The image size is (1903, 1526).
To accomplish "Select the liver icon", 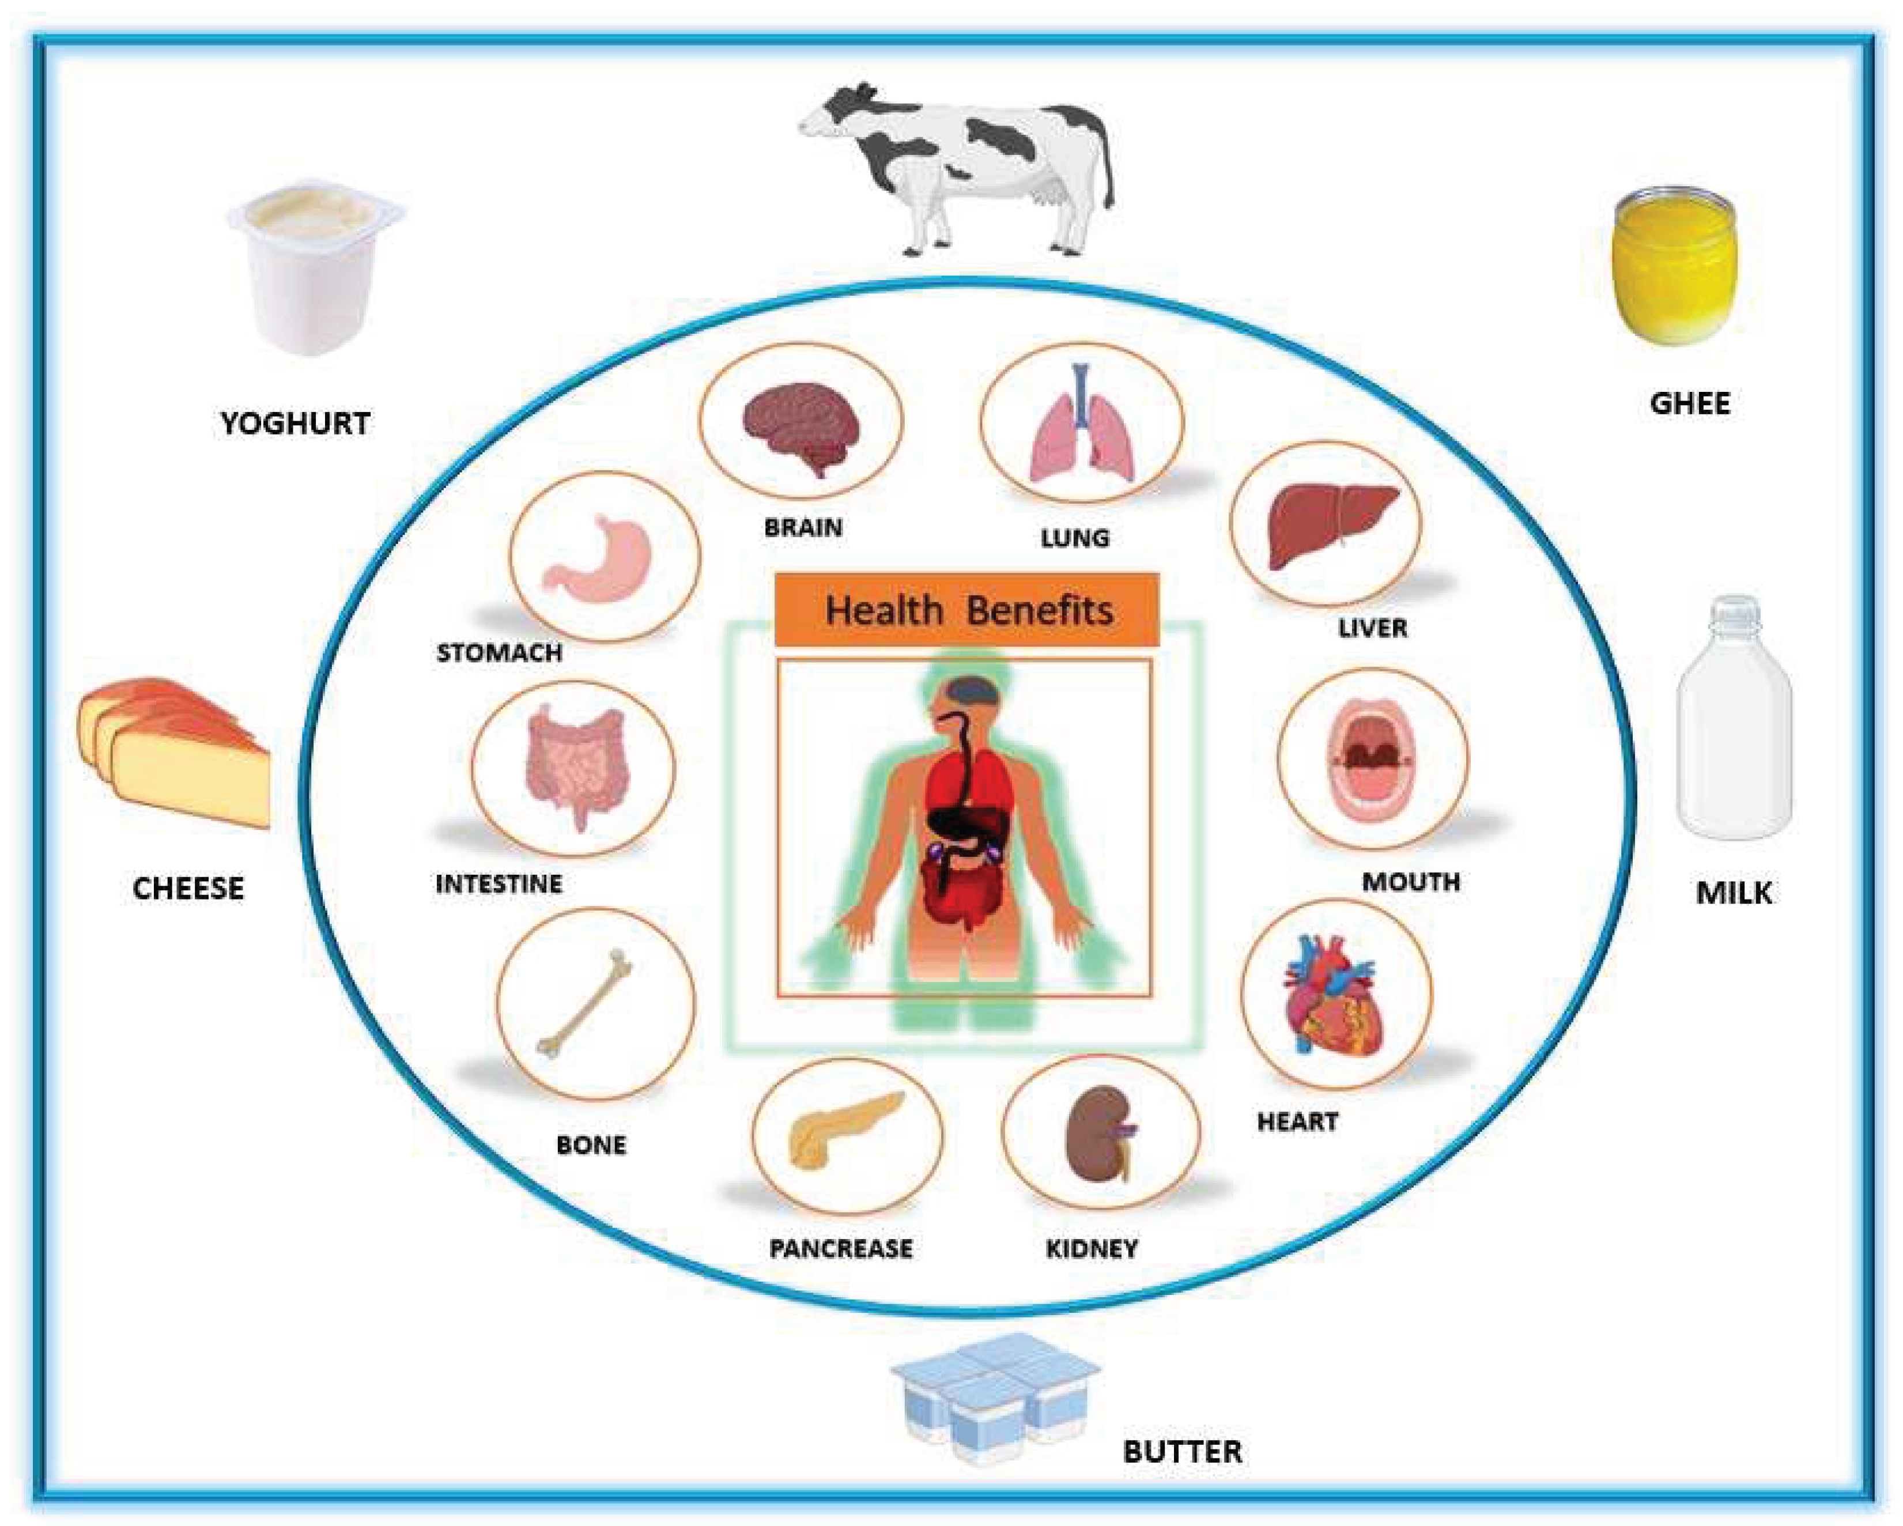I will point(1331,525).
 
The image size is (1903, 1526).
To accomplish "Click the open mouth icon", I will point(1373,759).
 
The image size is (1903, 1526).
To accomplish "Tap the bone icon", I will point(587,1002).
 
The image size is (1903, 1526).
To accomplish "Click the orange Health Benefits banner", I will point(966,610).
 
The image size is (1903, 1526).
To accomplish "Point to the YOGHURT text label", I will point(295,424).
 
